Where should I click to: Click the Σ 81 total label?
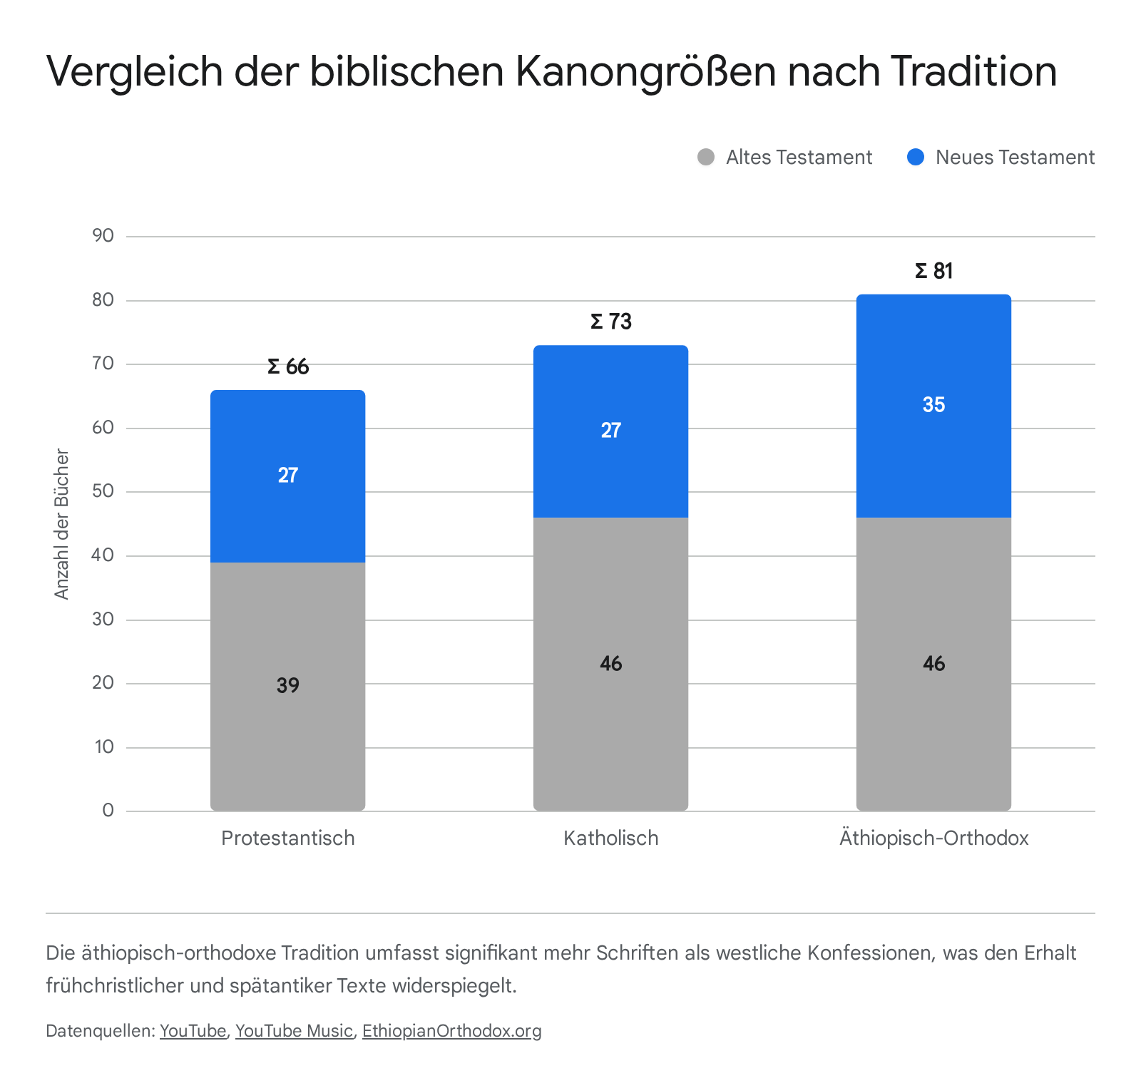coord(933,271)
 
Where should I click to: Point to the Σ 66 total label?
coord(287,366)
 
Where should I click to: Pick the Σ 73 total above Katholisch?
coord(610,322)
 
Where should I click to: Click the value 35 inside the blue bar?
coord(933,405)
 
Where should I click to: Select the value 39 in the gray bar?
coord(287,685)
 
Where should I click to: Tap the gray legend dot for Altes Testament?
coord(706,158)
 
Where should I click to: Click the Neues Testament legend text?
coord(1014,158)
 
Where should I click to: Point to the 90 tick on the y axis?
coord(103,236)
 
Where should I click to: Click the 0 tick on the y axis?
coord(108,811)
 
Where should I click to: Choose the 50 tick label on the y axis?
coord(103,491)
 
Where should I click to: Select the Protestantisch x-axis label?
coord(287,838)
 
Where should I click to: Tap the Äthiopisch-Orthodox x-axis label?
coord(933,838)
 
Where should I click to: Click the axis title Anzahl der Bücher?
coord(62,524)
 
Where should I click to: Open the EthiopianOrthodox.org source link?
coord(451,1031)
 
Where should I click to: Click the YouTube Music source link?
coord(294,1031)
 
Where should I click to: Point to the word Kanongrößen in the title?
coord(645,71)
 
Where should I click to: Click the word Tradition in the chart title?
coord(973,71)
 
